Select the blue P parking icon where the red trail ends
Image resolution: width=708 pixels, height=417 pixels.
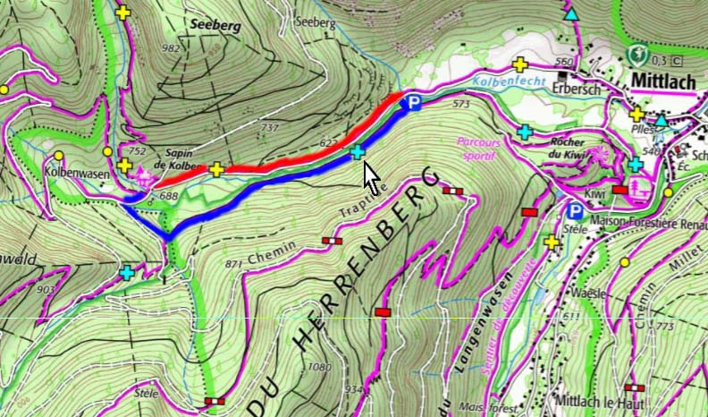point(413,104)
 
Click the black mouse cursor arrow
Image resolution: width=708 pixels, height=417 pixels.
point(371,174)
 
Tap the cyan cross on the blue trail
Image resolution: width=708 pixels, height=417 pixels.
point(358,152)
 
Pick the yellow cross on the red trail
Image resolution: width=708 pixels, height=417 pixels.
point(216,168)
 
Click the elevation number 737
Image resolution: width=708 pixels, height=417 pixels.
point(269,129)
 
